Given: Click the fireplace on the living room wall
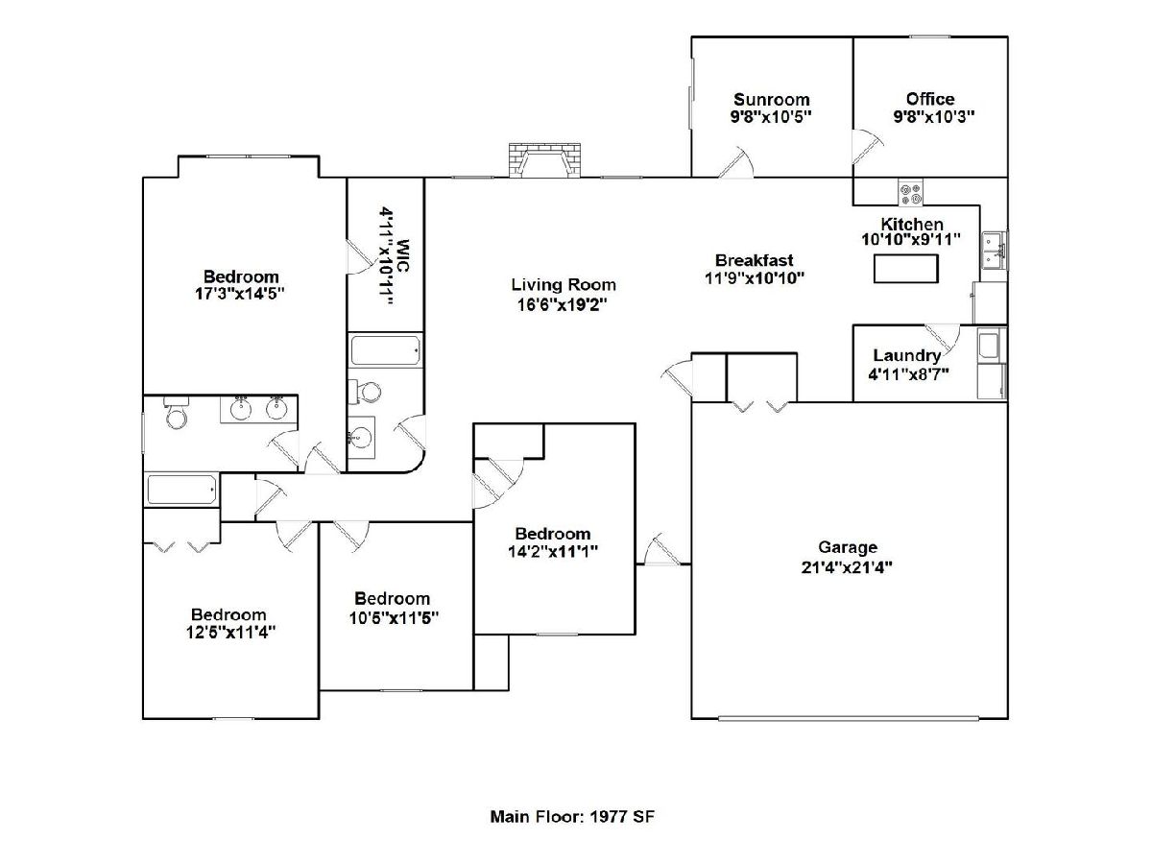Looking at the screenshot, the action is pos(544,159).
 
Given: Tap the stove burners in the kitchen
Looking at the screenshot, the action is pos(910,192).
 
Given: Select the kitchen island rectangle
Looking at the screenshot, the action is pos(905,269).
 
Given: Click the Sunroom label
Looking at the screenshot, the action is pos(772,99).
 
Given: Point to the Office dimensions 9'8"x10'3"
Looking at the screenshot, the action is pos(934,116).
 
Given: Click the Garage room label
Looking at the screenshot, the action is pos(848,547).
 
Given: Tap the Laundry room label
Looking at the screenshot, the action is pos(907,355).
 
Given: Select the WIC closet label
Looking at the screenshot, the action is pos(402,256).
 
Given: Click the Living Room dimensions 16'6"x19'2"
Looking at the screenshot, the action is pos(563,304).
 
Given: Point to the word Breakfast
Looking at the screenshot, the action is pos(755,260).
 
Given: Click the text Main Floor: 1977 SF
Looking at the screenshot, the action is pos(572,817).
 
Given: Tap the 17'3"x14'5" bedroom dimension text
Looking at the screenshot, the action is pos(240,294).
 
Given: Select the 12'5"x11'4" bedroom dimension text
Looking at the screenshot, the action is pos(231,633).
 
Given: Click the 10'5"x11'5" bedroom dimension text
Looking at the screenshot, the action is pos(394,618).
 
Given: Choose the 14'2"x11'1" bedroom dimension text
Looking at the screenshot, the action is pos(553,552).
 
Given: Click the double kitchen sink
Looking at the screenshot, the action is pos(995,250).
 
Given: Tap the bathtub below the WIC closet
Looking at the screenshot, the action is pos(386,350).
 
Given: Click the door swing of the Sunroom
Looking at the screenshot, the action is pos(735,162).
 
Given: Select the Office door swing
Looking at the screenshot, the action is pos(867,146).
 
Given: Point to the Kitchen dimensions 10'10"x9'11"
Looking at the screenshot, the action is pos(911,240).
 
